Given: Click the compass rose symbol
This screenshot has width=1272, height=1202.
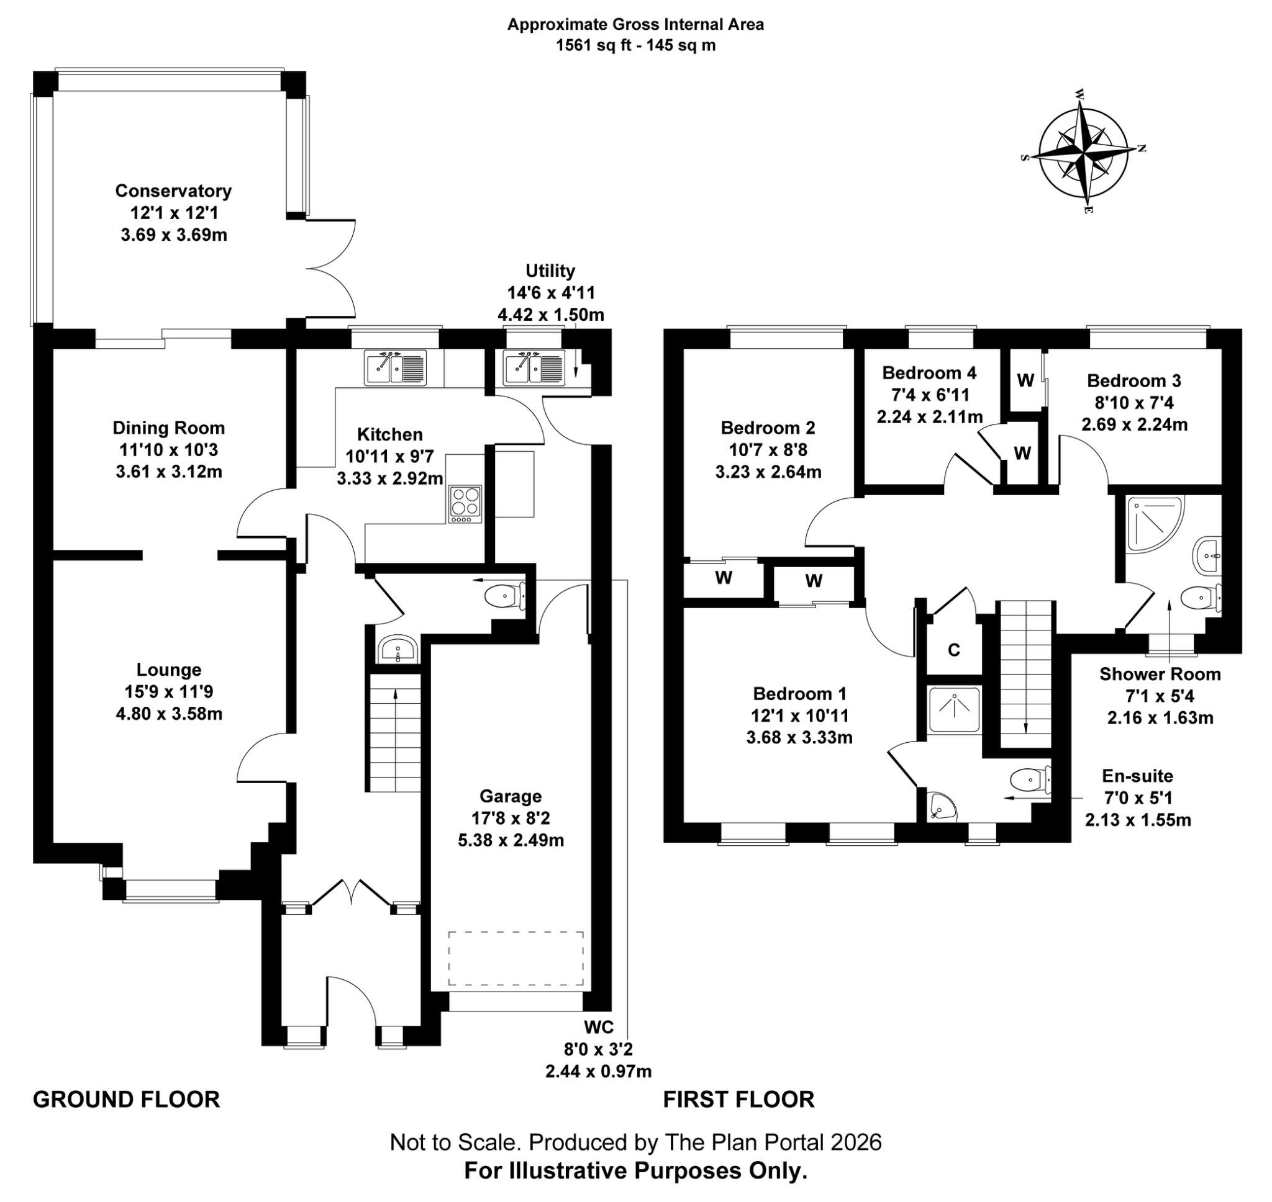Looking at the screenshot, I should [x=1083, y=153].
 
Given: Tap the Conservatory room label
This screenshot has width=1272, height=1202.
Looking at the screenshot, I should [x=173, y=191].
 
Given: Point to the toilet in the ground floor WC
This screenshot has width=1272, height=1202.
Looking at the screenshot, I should [x=504, y=597].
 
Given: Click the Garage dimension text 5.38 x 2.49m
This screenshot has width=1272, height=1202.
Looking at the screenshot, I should [x=511, y=840].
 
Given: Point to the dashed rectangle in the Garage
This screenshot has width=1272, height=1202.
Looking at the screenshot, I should [x=516, y=959].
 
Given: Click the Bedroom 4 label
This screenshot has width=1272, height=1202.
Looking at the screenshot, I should [x=929, y=373].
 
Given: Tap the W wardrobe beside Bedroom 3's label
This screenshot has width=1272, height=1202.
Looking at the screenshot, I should [x=1025, y=380].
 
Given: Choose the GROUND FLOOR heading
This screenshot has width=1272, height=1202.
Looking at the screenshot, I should [x=126, y=1099].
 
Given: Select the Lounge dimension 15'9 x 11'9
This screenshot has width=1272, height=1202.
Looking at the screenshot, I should [x=168, y=691].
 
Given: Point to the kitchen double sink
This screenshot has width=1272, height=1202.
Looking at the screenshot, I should [x=395, y=368].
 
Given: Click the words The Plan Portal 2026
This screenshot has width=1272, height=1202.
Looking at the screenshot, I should [x=773, y=1141].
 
